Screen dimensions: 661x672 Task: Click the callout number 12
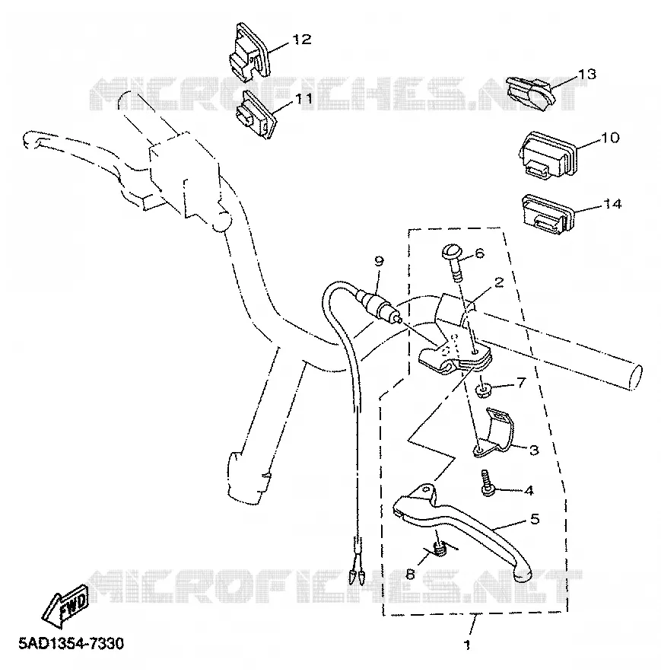click(x=301, y=40)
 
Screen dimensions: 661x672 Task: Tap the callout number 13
click(x=587, y=74)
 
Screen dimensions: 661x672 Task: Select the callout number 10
click(x=611, y=138)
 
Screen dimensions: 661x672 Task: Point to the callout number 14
click(x=612, y=204)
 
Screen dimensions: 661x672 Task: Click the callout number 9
click(x=379, y=261)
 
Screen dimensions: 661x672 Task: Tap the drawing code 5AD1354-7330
click(x=71, y=643)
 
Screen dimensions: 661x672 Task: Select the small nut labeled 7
click(x=484, y=390)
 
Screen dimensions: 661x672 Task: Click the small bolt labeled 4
click(x=487, y=483)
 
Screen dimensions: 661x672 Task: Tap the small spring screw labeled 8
click(x=440, y=549)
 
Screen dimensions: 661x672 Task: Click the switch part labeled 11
click(x=256, y=114)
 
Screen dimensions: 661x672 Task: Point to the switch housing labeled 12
click(x=248, y=52)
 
